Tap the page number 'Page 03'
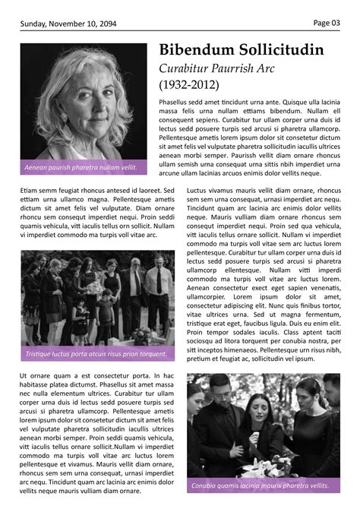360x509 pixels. pos(327,23)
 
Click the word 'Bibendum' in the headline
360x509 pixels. pos(195,51)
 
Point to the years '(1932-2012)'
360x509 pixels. pos(188,84)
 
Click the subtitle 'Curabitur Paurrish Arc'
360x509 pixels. pos(217,68)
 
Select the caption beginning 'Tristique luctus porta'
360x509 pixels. pos(96,354)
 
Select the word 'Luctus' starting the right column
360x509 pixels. pos(197,190)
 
